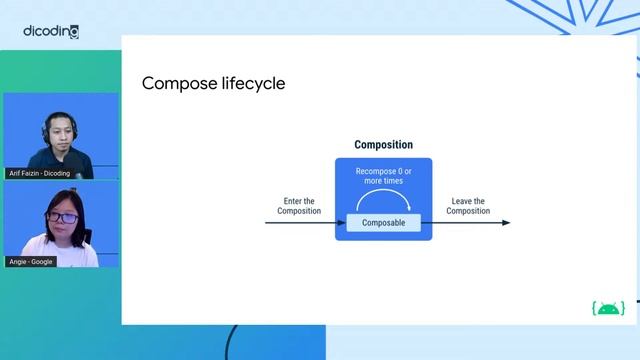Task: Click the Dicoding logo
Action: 51,31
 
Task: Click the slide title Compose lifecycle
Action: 213,83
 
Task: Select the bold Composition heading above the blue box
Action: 383,145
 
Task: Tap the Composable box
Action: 383,223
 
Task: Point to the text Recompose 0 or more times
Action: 383,177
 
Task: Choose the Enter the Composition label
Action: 299,206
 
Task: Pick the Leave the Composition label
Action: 468,206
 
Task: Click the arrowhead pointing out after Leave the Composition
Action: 505,223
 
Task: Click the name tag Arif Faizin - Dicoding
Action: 39,173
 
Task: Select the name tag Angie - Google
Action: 31,261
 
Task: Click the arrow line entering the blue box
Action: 300,223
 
